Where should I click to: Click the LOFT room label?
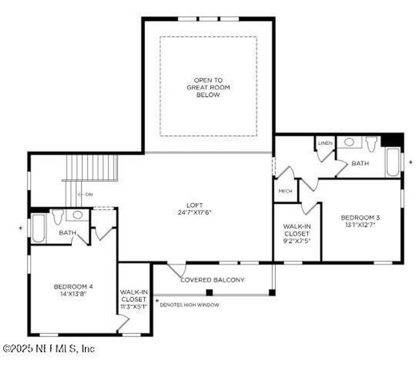(195, 205)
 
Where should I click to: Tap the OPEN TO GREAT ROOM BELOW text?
(208, 87)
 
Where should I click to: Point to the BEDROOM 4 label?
(73, 287)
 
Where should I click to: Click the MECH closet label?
(285, 191)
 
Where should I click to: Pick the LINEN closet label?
(325, 143)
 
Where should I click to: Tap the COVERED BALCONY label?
(213, 280)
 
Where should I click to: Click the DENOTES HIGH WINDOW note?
(189, 305)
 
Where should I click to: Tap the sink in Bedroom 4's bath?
(77, 215)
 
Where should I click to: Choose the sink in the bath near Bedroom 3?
(350, 142)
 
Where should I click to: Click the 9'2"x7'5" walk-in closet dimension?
(297, 240)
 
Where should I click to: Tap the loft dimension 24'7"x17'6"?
(195, 212)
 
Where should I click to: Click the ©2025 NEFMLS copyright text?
(49, 349)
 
